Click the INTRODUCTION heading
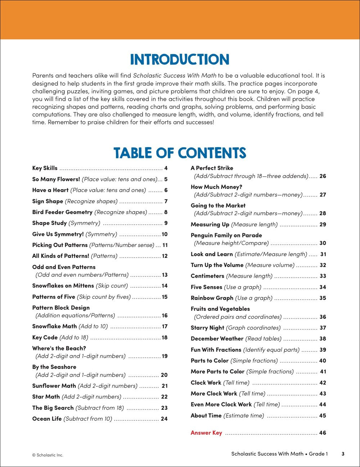pyautogui.click(x=180, y=60)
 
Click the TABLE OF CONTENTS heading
pyautogui.click(x=180, y=153)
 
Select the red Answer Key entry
pyautogui.click(x=206, y=433)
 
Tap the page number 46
pyautogui.click(x=323, y=433)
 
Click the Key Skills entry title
pyautogui.click(x=45, y=168)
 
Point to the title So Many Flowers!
pyautogui.click(x=56, y=179)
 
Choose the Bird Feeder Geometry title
pyautogui.click(x=62, y=212)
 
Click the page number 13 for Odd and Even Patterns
pyautogui.click(x=165, y=275)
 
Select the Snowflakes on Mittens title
pyautogui.click(x=63, y=286)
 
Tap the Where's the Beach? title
pyautogui.click(x=59, y=348)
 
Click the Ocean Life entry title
pyautogui.click(x=47, y=419)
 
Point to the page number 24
pyautogui.click(x=164, y=419)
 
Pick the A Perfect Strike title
pyautogui.click(x=212, y=168)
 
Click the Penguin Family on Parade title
pyautogui.click(x=226, y=235)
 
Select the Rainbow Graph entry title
pyautogui.click(x=212, y=298)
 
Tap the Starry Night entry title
pyautogui.click(x=207, y=328)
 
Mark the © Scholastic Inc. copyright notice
pyautogui.click(x=48, y=455)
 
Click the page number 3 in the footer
pyautogui.click(x=343, y=454)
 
